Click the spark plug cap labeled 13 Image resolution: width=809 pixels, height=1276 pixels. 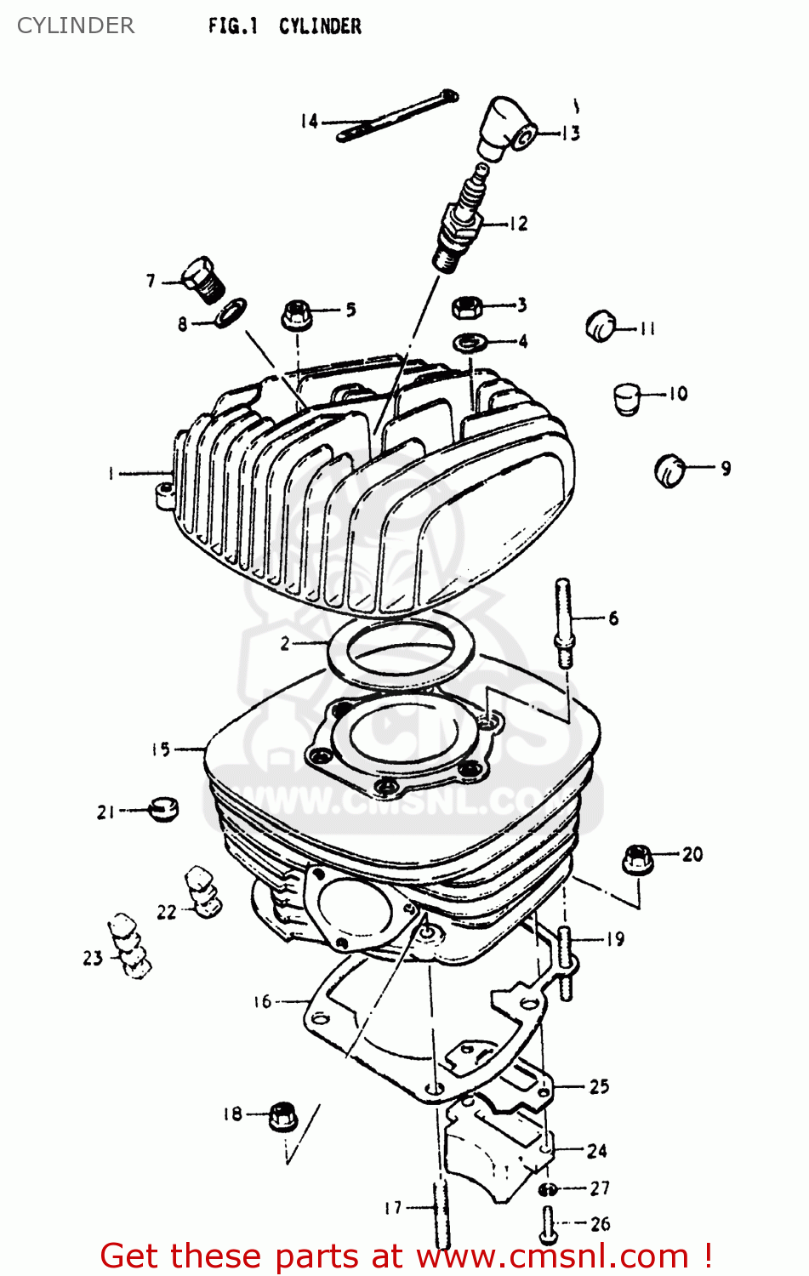tap(507, 128)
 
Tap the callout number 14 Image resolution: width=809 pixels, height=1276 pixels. tap(309, 122)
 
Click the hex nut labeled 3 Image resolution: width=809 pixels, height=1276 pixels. tap(467, 306)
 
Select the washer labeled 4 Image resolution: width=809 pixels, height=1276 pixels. tap(470, 342)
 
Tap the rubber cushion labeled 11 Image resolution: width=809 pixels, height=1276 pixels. tap(601, 326)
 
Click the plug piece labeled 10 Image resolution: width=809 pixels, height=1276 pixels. tap(627, 397)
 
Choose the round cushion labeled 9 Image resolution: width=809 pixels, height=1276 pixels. tap(670, 470)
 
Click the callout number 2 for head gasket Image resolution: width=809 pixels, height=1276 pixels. tap(286, 644)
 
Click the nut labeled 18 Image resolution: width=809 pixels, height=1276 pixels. tap(282, 1115)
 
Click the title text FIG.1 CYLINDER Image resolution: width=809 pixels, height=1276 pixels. tap(284, 26)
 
